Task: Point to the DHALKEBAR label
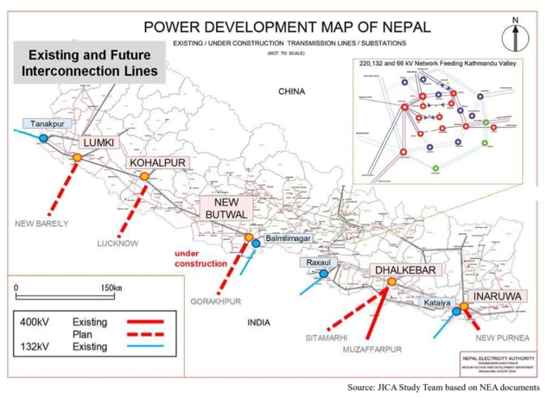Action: tap(405, 271)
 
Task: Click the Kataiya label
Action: tap(438, 304)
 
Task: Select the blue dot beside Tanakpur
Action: tap(43, 138)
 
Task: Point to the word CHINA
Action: tap(293, 91)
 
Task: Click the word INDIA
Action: tap(258, 322)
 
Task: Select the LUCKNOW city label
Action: tap(118, 243)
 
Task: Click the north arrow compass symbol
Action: tap(515, 36)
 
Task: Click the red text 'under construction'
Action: tap(200, 258)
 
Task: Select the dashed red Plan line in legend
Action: tap(152, 334)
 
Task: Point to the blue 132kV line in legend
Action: tap(152, 347)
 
